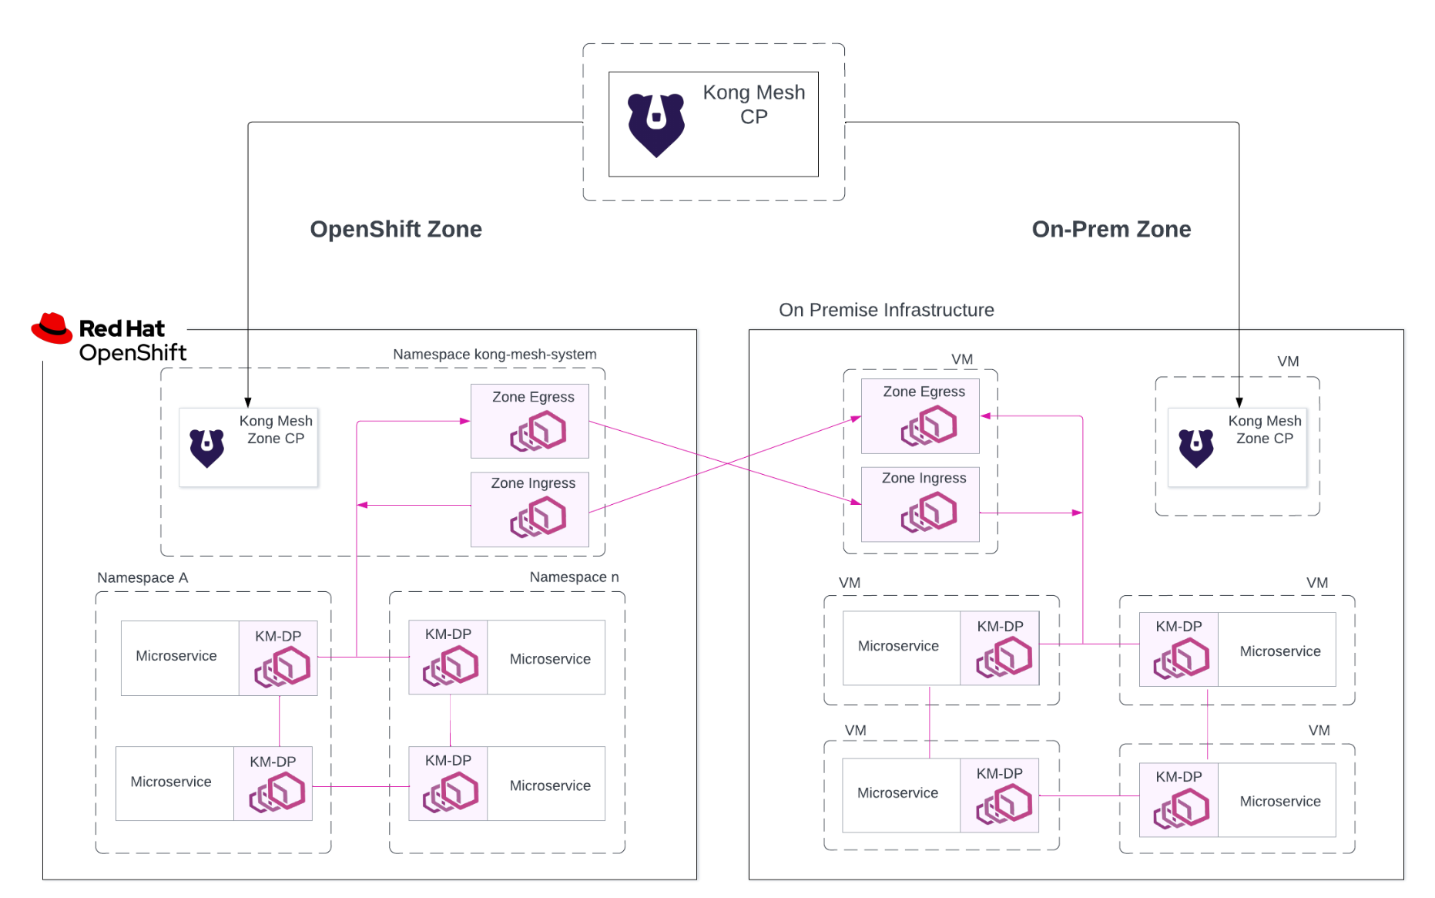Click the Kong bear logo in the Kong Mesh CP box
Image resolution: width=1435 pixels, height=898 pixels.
point(655,124)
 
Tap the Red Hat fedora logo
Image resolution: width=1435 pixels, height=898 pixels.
point(52,328)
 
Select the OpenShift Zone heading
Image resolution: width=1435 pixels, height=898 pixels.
point(396,229)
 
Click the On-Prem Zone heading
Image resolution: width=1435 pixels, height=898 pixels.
point(1111,229)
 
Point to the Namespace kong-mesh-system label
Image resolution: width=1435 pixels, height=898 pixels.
point(495,355)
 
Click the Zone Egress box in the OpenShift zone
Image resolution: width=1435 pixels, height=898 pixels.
point(530,421)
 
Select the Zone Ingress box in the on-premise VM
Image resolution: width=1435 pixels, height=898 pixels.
point(920,504)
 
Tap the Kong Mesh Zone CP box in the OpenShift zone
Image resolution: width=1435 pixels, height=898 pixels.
point(248,447)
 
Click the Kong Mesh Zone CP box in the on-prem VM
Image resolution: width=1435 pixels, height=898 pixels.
point(1237,447)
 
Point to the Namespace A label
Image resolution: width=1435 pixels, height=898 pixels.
point(142,578)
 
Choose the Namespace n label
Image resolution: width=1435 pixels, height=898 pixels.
point(574,577)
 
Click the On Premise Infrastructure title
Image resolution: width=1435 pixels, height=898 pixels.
point(886,310)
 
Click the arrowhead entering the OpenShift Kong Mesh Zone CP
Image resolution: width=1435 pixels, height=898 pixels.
point(248,402)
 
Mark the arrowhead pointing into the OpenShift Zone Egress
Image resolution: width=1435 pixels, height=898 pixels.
point(465,421)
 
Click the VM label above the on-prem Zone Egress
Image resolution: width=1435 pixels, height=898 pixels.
point(962,359)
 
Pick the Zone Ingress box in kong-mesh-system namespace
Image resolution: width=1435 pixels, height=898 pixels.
point(530,509)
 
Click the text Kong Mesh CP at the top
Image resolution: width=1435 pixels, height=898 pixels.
point(753,104)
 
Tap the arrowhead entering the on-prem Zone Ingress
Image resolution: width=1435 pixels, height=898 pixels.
point(856,502)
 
